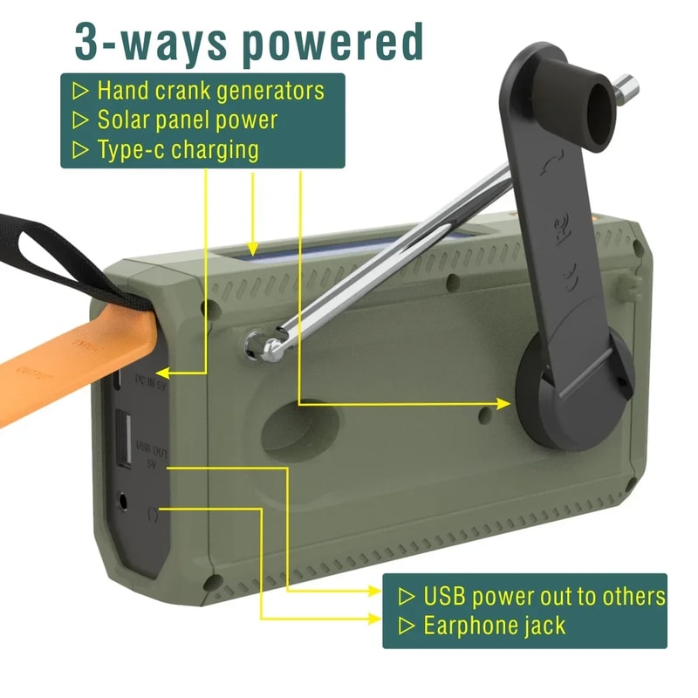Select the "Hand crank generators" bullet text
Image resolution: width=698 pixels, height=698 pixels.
point(210,90)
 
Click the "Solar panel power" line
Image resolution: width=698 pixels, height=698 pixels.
point(188,120)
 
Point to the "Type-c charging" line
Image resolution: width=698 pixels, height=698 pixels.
point(178,149)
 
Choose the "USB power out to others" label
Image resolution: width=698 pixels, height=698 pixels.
point(544,597)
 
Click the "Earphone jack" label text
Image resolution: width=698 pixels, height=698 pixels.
point(494,626)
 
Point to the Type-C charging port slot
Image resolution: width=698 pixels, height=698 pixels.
point(117,381)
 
